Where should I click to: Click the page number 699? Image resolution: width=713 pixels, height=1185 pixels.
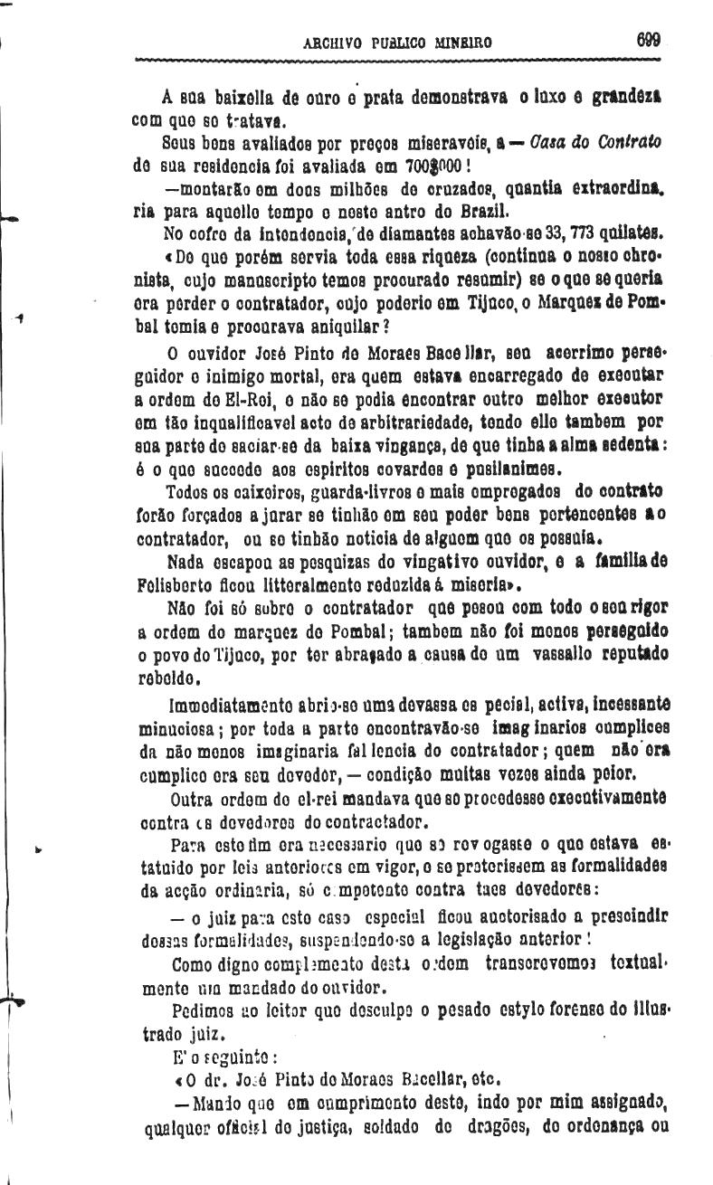[649, 40]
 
